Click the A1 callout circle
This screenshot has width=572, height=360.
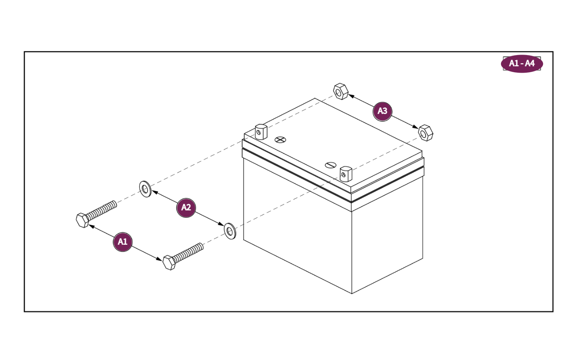tap(123, 242)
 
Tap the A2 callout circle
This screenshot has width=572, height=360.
tap(186, 208)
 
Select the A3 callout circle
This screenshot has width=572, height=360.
tap(382, 111)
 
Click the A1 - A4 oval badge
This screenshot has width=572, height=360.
tap(522, 63)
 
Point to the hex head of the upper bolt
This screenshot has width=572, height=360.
tap(82, 220)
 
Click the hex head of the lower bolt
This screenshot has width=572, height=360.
tap(169, 262)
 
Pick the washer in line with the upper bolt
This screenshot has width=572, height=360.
tap(145, 189)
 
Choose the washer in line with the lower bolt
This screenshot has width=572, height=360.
tap(230, 231)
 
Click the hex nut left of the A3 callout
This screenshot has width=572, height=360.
tap(340, 91)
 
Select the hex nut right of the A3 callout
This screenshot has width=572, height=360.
tap(425, 133)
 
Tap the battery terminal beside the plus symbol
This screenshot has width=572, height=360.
tap(261, 132)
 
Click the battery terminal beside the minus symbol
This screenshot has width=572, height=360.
tap(346, 174)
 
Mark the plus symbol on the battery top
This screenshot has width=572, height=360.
tap(280, 139)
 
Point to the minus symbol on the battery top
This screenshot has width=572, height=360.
tap(331, 165)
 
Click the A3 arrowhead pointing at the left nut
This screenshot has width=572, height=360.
tap(350, 95)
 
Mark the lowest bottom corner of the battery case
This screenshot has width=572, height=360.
tap(352, 293)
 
